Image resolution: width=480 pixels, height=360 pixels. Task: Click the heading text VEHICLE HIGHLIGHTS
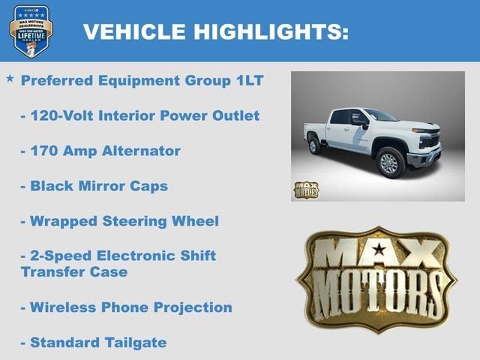point(215,31)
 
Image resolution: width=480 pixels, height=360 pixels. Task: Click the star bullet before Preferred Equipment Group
point(10,78)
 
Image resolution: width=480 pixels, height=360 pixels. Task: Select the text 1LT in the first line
point(248,80)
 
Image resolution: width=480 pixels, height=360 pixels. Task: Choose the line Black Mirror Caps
point(94,186)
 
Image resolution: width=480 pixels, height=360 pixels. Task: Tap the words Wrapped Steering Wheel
point(120,221)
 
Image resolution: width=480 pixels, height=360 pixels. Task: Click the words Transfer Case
point(74,271)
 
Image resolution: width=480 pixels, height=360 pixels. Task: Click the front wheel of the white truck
point(390,162)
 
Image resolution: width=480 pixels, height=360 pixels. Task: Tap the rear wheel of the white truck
point(315,145)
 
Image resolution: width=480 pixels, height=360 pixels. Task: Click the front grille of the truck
point(431,140)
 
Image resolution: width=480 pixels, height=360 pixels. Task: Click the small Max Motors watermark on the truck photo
point(305,190)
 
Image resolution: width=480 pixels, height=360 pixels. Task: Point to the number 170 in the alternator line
point(44,151)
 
